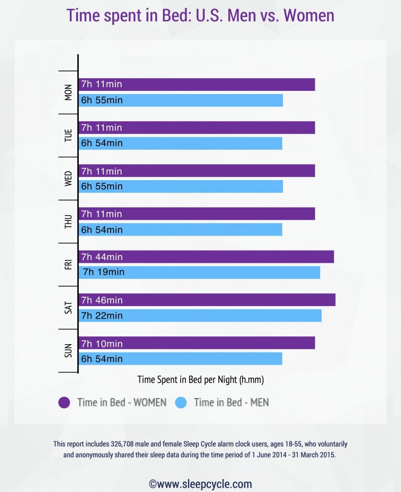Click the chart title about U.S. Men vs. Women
click(x=200, y=15)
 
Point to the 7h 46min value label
click(x=102, y=300)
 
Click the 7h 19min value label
click(x=103, y=272)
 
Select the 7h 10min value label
click(x=102, y=344)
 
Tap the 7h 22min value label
click(x=102, y=315)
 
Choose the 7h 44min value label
click(x=102, y=257)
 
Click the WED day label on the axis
click(x=68, y=179)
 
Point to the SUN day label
click(x=68, y=351)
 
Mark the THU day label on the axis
click(x=68, y=222)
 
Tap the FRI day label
click(x=68, y=265)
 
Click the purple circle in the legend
click(x=64, y=402)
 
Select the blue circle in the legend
click(x=181, y=402)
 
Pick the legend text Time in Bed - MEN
click(x=231, y=402)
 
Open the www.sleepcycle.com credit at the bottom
click(x=200, y=484)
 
